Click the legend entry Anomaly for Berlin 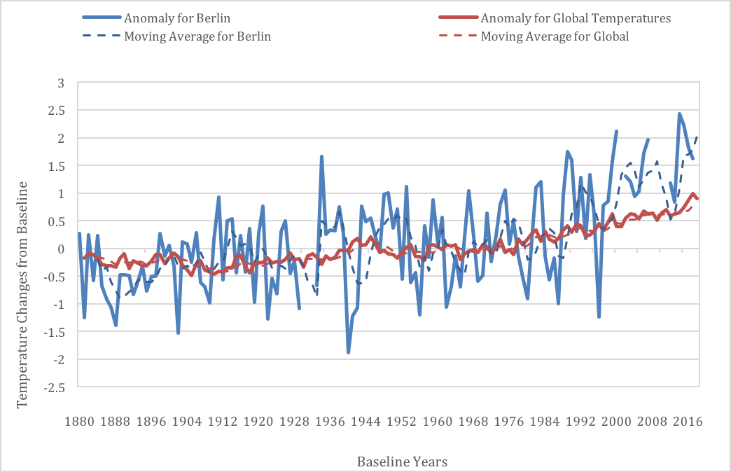(156, 18)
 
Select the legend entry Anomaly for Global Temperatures (555, 18)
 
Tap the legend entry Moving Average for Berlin (176, 36)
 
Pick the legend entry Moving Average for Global (534, 36)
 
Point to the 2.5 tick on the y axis (56, 111)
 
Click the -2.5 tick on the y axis (54, 387)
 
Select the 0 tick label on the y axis (61, 249)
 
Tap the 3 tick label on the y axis (61, 83)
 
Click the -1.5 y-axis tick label (54, 332)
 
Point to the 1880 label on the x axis (79, 422)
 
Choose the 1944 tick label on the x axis (366, 422)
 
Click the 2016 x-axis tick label (688, 422)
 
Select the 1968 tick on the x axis (473, 422)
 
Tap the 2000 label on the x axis (616, 422)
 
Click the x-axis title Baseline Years (403, 461)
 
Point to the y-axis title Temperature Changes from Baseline (22, 295)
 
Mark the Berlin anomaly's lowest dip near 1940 (348, 353)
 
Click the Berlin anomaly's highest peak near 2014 (679, 113)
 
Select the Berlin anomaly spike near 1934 (321, 157)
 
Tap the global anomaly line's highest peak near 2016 (693, 193)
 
